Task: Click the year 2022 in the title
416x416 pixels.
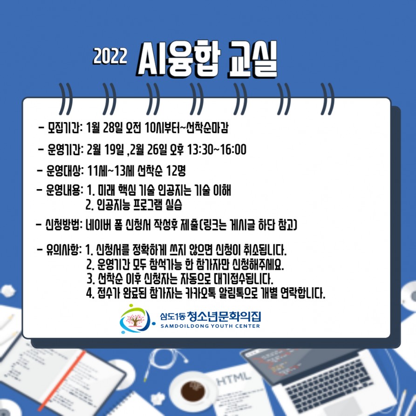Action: (x=110, y=56)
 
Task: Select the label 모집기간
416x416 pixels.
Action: (x=63, y=128)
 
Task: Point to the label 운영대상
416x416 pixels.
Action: (x=63, y=170)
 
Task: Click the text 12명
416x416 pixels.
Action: (x=176, y=170)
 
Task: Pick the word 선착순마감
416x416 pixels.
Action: (x=207, y=128)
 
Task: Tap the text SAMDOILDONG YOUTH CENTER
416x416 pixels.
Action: (x=210, y=326)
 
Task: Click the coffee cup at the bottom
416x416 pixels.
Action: (x=193, y=391)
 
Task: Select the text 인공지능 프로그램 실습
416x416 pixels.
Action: (x=140, y=205)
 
